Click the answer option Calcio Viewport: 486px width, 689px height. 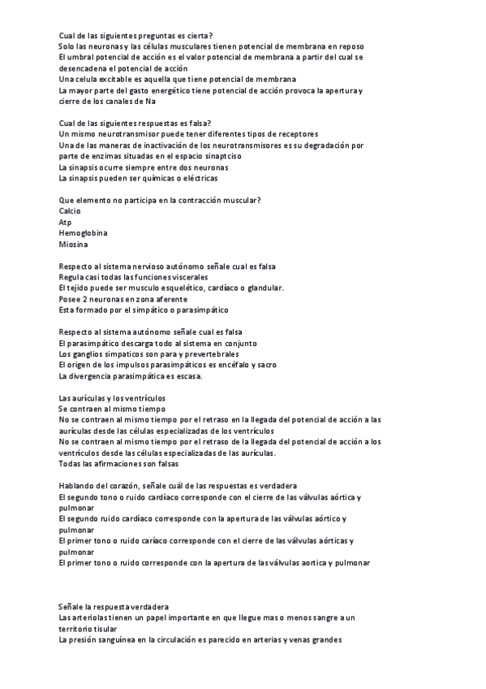(x=71, y=210)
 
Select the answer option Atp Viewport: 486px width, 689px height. (x=66, y=222)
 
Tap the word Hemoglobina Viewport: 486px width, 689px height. (x=82, y=233)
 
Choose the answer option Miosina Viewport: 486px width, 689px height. (x=73, y=244)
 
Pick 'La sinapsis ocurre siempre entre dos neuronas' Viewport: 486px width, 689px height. (x=143, y=167)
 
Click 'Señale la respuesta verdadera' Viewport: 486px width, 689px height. (x=114, y=606)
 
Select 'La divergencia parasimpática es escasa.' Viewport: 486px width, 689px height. (x=131, y=376)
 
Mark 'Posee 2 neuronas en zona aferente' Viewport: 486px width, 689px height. (x=123, y=299)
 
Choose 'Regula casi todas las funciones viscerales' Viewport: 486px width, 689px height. (x=139, y=277)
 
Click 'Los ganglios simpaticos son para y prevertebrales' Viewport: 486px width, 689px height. (x=148, y=354)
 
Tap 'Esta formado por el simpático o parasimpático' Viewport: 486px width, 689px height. (x=144, y=310)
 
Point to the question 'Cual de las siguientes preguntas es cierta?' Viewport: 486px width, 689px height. (x=136, y=35)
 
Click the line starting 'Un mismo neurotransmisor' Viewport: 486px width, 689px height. (x=188, y=133)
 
